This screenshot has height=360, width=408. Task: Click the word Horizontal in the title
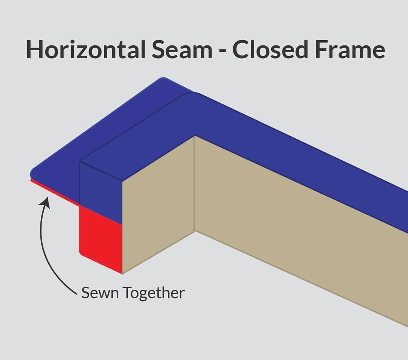point(85,49)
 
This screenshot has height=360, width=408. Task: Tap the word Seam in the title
point(181,49)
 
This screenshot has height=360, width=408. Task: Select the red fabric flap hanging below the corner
point(100,238)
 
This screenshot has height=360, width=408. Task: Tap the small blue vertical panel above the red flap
point(100,191)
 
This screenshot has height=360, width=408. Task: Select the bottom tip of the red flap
point(121,272)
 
